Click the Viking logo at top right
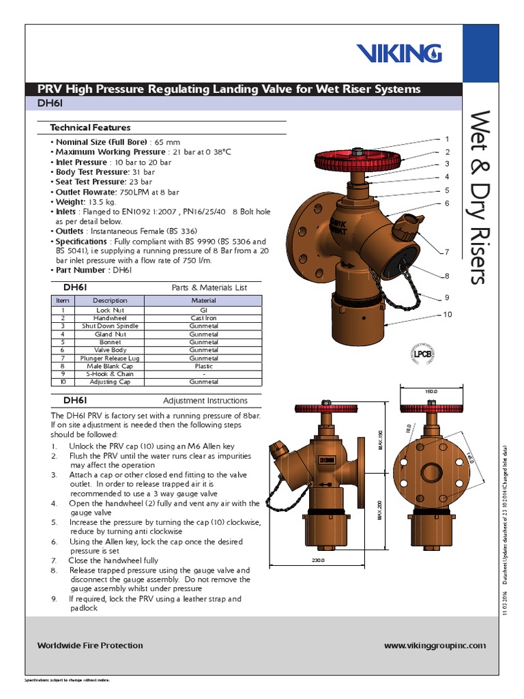pyautogui.click(x=399, y=53)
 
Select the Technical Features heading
pyautogui.click(x=90, y=128)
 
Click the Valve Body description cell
pyautogui.click(x=110, y=350)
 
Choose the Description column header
pyautogui.click(x=110, y=300)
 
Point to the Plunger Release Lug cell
pyautogui.click(x=110, y=358)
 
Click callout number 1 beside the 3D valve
pyautogui.click(x=447, y=139)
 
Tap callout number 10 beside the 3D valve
pyautogui.click(x=448, y=314)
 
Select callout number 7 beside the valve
pyautogui.click(x=447, y=252)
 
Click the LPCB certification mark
pyautogui.click(x=424, y=354)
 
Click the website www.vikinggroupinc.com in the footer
pyautogui.click(x=435, y=645)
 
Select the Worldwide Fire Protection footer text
pyautogui.click(x=90, y=645)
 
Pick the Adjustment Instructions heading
pyautogui.click(x=205, y=401)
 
